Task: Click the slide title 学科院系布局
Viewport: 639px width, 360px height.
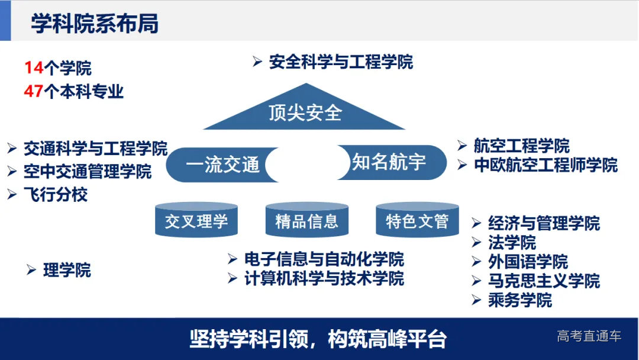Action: point(95,25)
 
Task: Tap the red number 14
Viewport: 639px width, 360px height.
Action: point(34,68)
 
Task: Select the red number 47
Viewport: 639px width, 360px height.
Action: point(34,92)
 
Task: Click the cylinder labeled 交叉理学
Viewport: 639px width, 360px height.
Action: point(196,222)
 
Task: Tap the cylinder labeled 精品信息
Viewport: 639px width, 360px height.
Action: point(306,222)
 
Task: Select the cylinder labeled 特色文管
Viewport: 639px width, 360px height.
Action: point(417,222)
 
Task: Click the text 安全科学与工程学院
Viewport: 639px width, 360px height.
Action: point(341,62)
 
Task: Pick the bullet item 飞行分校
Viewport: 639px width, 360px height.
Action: point(56,194)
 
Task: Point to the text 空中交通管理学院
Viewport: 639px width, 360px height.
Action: point(88,172)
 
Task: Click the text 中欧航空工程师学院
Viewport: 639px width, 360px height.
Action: point(546,165)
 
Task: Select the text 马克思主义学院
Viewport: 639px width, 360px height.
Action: point(544,280)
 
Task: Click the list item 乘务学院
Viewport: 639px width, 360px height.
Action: point(519,300)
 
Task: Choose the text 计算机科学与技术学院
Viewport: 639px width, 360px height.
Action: point(324,278)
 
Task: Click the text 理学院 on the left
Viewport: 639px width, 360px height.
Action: point(67,271)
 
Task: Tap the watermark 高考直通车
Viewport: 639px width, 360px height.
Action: point(589,336)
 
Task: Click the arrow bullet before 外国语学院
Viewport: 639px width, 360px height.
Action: point(477,261)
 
